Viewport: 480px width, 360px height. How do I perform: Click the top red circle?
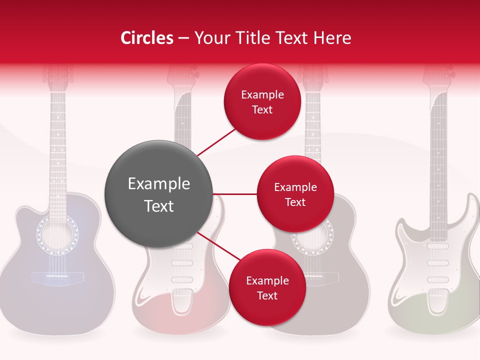262,101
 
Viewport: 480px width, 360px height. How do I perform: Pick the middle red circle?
295,194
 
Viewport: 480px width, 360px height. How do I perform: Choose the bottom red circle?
267,287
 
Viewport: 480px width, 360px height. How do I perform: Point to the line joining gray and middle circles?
235,194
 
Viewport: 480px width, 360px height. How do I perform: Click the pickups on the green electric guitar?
438,262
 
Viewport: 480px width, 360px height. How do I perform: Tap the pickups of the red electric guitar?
182,262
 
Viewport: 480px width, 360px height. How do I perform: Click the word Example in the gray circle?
159,184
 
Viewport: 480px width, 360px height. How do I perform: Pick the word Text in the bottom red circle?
267,295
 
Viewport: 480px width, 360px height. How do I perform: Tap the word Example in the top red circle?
262,94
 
